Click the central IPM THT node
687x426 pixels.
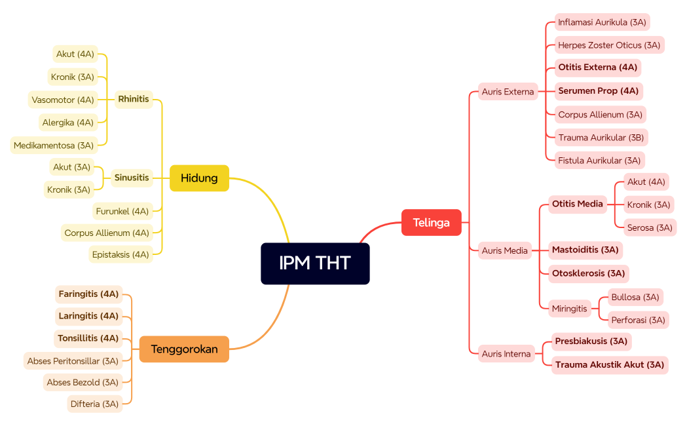tap(315, 263)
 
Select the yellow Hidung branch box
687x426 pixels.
tap(199, 178)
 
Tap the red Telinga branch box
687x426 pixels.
tap(431, 222)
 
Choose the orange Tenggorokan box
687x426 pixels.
tap(184, 349)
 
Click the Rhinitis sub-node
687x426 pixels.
tap(134, 100)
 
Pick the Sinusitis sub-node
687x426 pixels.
tap(132, 178)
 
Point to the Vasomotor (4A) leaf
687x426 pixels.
tap(63, 100)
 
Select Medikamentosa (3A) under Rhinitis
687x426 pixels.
tap(54, 145)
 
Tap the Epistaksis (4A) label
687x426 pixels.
tap(121, 254)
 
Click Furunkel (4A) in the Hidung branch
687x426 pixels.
tap(122, 211)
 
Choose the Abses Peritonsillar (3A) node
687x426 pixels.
tap(73, 360)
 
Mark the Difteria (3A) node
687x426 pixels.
tap(95, 404)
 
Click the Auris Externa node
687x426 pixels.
tap(508, 92)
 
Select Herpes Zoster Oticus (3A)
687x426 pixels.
tap(609, 45)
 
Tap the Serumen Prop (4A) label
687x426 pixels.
tap(598, 90)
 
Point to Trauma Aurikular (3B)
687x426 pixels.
tap(601, 138)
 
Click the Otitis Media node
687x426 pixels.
tap(577, 204)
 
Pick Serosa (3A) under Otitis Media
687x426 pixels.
tap(649, 227)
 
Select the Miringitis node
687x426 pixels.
tap(569, 308)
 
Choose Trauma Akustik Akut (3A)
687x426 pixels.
tap(609, 364)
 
